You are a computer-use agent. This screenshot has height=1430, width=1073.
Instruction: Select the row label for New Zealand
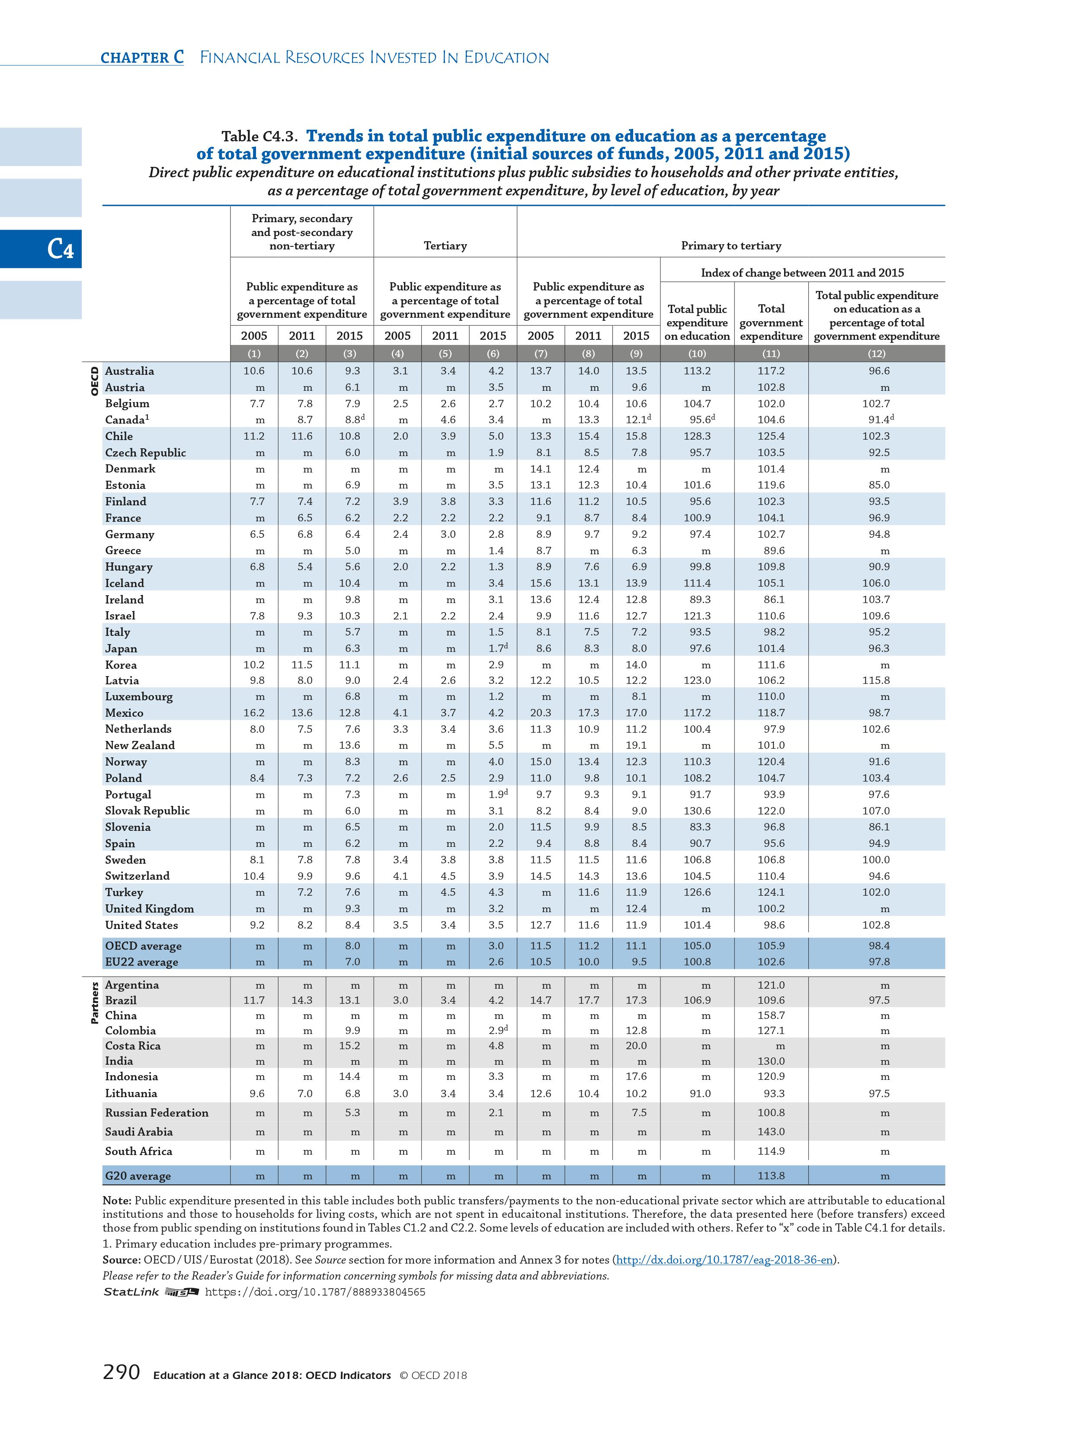(140, 745)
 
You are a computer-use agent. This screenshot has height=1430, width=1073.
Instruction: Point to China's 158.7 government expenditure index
(771, 1015)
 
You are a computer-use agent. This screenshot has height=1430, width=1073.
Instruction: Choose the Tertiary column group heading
(445, 246)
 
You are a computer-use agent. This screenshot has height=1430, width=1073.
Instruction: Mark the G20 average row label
(138, 1176)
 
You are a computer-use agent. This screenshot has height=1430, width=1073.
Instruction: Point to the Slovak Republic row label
(147, 811)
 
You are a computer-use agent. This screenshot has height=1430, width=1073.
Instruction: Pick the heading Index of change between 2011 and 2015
(802, 273)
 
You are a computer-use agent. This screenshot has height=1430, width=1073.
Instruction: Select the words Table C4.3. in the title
(259, 137)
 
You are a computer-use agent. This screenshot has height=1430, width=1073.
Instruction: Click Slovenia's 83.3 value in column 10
(697, 827)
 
